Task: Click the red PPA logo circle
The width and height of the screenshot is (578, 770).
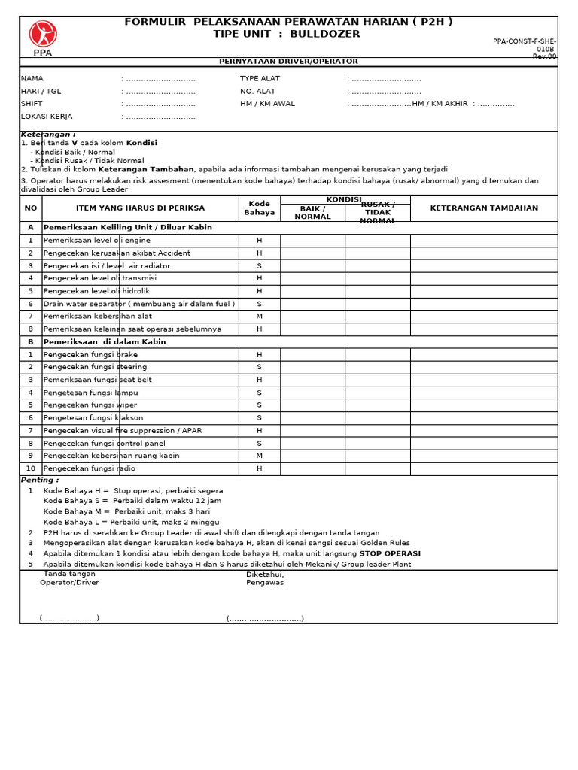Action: (43, 34)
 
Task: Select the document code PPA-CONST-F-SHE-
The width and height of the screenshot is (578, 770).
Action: (525, 41)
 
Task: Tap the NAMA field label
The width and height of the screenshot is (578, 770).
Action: (32, 78)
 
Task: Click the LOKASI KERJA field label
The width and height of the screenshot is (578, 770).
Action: (47, 117)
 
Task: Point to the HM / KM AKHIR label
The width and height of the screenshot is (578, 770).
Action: (440, 104)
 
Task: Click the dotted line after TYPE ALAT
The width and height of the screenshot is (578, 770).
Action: (384, 78)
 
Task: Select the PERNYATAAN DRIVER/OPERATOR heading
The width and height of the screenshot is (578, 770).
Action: (288, 62)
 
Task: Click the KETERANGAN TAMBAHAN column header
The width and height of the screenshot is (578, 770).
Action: (484, 208)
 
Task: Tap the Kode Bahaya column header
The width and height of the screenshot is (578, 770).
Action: (260, 208)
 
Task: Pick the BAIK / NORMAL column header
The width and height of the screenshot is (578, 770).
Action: (312, 213)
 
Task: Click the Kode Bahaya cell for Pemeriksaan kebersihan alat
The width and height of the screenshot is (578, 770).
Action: (260, 317)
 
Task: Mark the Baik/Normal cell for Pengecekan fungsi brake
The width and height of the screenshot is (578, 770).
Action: (312, 355)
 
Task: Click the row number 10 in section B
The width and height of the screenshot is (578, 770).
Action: (31, 468)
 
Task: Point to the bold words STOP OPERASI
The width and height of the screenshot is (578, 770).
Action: (390, 553)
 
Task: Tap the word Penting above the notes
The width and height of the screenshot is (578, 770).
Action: (39, 480)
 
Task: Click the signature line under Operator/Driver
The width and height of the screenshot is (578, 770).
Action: (69, 618)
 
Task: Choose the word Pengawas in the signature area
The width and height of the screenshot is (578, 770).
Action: (265, 583)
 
